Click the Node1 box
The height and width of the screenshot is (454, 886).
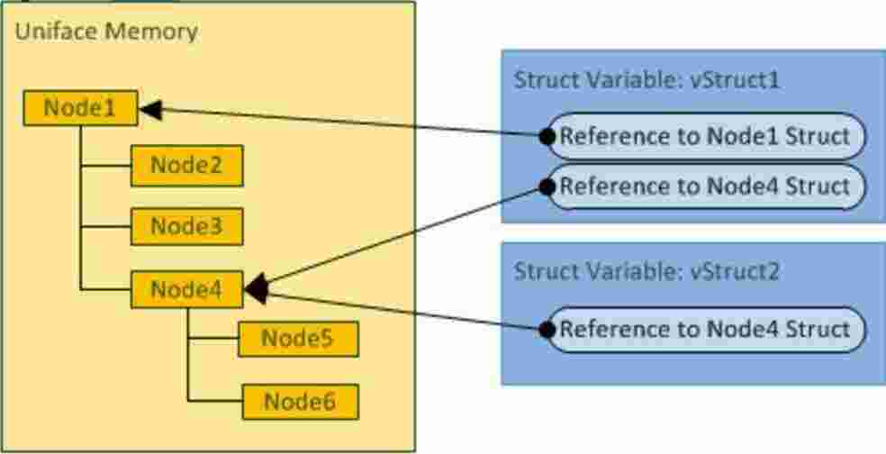click(80, 109)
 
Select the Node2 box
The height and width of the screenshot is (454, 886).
click(186, 167)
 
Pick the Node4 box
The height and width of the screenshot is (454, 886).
click(186, 289)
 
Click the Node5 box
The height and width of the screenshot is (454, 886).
click(297, 339)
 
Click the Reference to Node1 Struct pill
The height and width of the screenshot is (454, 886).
click(705, 137)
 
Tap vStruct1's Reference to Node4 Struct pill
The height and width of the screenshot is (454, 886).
click(705, 186)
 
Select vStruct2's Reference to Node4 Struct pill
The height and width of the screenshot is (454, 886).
click(705, 329)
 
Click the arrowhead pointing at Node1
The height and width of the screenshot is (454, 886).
click(150, 109)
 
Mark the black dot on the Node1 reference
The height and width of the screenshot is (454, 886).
click(546, 136)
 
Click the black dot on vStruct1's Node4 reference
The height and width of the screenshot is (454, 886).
click(546, 186)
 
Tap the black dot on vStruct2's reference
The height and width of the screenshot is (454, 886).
click(546, 329)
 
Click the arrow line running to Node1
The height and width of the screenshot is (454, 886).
click(351, 123)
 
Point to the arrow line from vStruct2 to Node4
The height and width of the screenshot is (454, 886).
click(405, 311)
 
